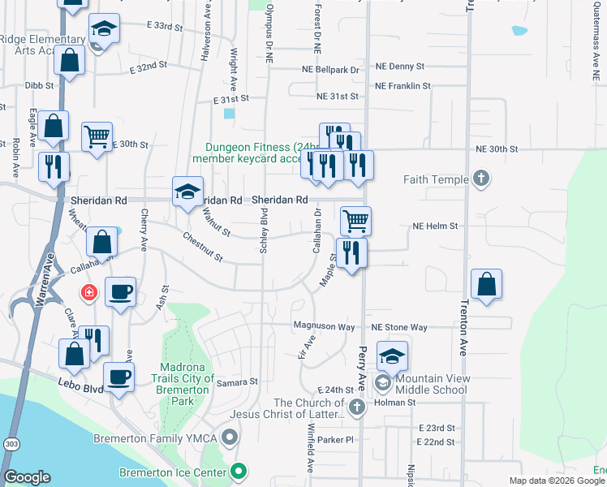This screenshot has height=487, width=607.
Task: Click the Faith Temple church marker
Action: (x=480, y=179)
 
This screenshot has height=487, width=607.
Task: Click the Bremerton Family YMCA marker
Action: (x=230, y=438)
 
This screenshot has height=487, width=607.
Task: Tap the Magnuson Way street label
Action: (x=325, y=326)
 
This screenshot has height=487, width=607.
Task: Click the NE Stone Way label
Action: (x=399, y=327)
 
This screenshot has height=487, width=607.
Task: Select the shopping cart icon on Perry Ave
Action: (x=356, y=220)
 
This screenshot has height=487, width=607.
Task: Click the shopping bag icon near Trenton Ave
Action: (x=486, y=285)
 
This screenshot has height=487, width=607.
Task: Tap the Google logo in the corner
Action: (x=28, y=477)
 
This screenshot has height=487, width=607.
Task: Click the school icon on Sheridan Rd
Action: (x=187, y=192)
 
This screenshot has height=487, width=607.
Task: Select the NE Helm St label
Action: (x=436, y=226)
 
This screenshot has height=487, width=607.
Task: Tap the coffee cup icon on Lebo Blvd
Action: (x=119, y=377)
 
